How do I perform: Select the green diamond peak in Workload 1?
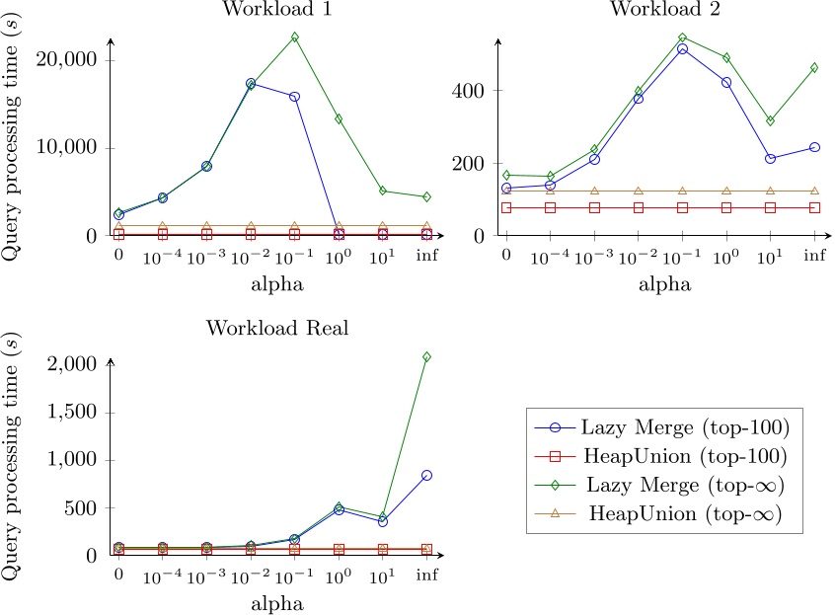pyautogui.click(x=294, y=37)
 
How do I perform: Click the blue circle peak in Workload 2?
pyautogui.click(x=682, y=49)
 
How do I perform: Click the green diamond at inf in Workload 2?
pyautogui.click(x=814, y=68)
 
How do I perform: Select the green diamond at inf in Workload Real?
pyautogui.click(x=426, y=356)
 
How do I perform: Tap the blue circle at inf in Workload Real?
pyautogui.click(x=426, y=475)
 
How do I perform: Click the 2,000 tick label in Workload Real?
pyautogui.click(x=74, y=364)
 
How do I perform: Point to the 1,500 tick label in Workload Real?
pyautogui.click(x=74, y=413)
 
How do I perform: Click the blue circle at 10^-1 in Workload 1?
pyautogui.click(x=294, y=97)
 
